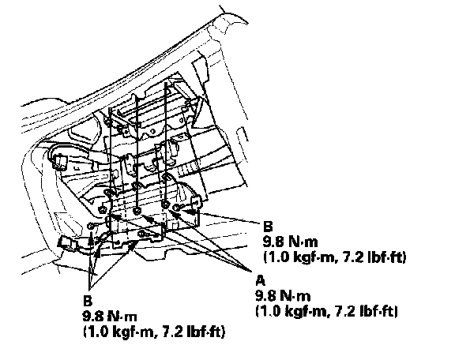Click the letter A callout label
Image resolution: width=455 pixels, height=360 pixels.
pos(261,280)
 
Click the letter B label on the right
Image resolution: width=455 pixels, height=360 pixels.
pos(268,227)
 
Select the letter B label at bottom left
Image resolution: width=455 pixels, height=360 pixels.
pos(88,301)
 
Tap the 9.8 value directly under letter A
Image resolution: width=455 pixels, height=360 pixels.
pos(265,296)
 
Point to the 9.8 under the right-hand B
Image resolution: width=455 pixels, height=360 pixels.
pos(273,242)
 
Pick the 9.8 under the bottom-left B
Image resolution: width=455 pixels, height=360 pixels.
pos(93,316)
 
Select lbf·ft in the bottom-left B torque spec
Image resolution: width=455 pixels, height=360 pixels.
pos(205,332)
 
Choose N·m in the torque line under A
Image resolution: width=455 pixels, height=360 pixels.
pos(295,296)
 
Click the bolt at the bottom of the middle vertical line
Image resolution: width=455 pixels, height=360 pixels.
pos(137,210)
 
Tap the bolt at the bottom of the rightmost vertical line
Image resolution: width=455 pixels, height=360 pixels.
pos(165,204)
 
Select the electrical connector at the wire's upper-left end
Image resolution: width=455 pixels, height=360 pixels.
pos(59,162)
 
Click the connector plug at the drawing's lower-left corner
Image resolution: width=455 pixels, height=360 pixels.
pos(67,243)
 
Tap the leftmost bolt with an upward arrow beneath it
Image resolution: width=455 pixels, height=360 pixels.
pos(91,226)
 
